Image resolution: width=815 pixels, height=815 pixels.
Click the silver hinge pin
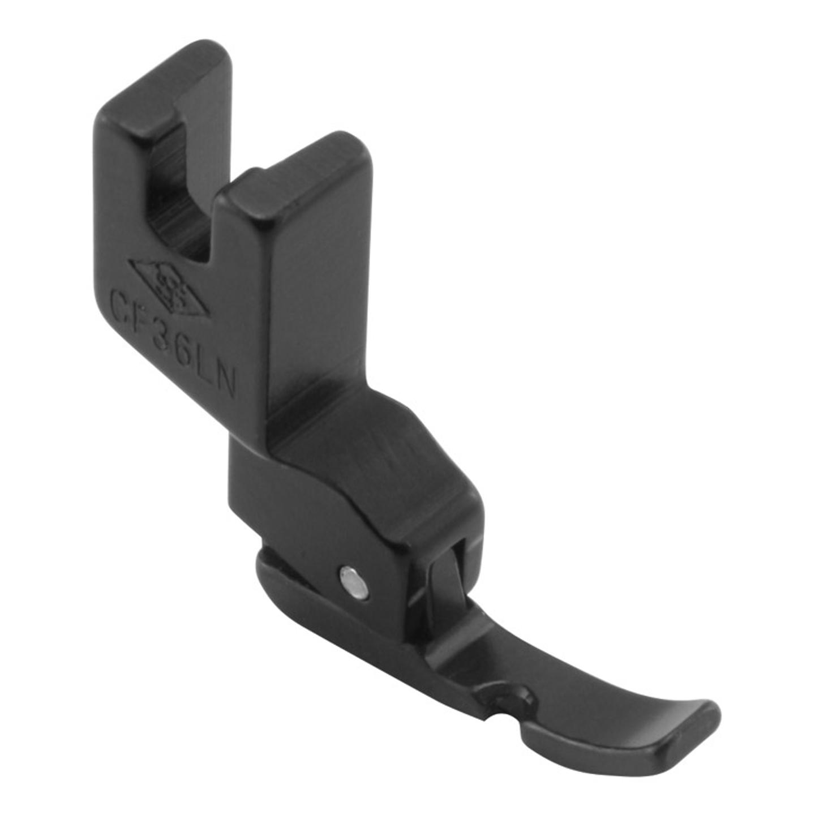[x=353, y=581]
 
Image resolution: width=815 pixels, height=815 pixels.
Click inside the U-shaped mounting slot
[x=175, y=187]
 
